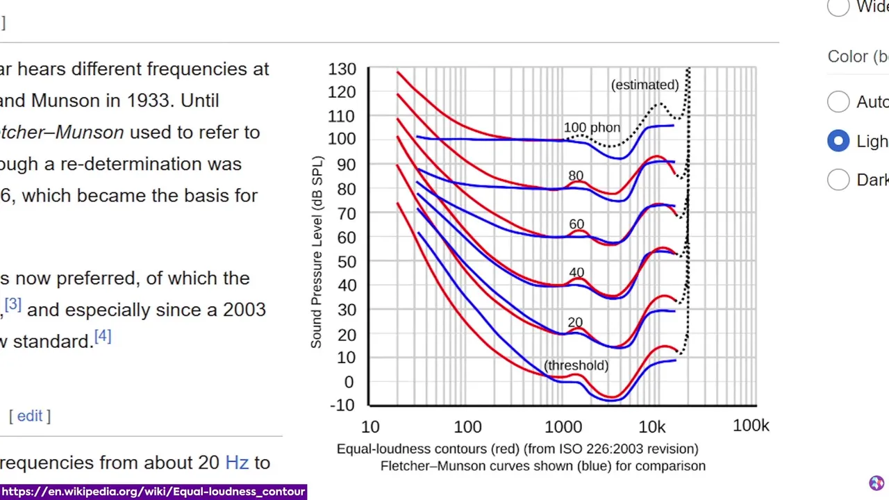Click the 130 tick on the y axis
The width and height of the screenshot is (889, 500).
pyautogui.click(x=342, y=69)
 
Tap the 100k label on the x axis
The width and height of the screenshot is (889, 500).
pyautogui.click(x=751, y=426)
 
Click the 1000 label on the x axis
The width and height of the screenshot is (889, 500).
pyautogui.click(x=563, y=426)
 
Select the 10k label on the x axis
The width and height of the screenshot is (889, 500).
pyautogui.click(x=652, y=426)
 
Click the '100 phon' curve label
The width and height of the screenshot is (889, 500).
pyautogui.click(x=592, y=128)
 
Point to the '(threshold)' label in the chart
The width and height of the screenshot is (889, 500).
pyautogui.click(x=576, y=365)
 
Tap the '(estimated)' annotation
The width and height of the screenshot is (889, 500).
pyautogui.click(x=645, y=85)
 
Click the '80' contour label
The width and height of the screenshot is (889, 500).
pyautogui.click(x=576, y=176)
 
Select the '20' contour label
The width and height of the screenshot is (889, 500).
pyautogui.click(x=575, y=323)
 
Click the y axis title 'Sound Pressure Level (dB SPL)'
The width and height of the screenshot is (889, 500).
pyautogui.click(x=317, y=253)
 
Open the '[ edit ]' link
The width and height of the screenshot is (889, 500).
pyautogui.click(x=30, y=416)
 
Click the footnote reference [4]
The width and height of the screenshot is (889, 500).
pyautogui.click(x=103, y=337)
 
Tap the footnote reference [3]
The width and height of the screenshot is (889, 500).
pyautogui.click(x=13, y=305)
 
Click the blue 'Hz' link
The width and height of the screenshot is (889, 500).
pyautogui.click(x=237, y=462)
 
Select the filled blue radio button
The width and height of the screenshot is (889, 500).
pyautogui.click(x=838, y=141)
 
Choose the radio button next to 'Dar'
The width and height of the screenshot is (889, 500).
pyautogui.click(x=838, y=180)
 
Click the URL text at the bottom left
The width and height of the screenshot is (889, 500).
pyautogui.click(x=153, y=492)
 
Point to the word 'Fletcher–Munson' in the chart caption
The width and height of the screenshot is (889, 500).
pyautogui.click(x=427, y=466)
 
